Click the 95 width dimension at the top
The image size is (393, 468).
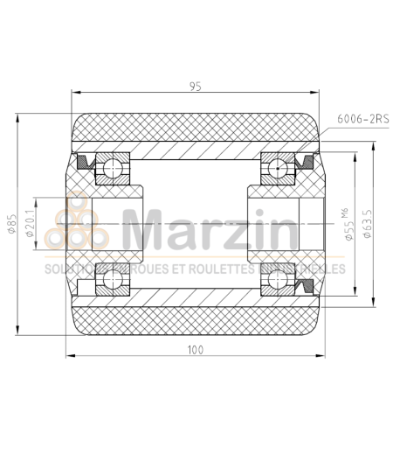(x=196, y=86)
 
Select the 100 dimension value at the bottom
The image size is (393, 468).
(x=196, y=349)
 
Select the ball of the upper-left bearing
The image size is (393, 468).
(x=114, y=167)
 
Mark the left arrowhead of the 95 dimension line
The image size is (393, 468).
(x=73, y=94)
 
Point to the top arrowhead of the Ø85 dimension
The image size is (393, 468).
(x=19, y=116)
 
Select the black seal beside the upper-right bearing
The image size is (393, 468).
(x=307, y=161)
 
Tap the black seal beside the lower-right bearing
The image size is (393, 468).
(x=307, y=286)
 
